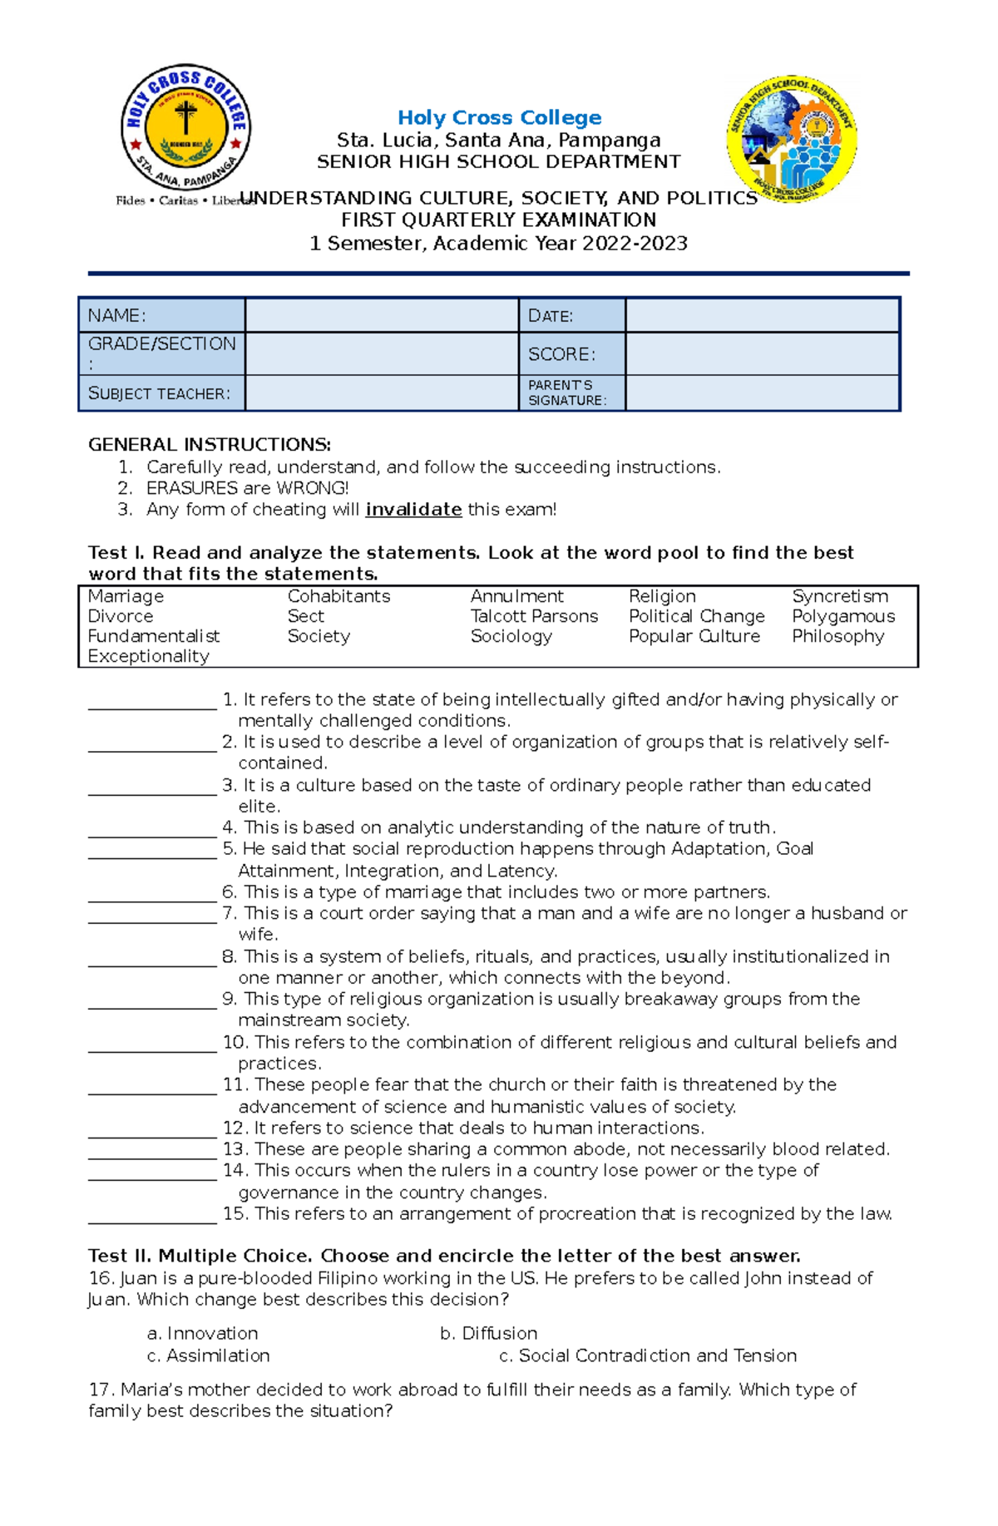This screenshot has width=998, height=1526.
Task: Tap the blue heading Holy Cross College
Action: click(x=499, y=118)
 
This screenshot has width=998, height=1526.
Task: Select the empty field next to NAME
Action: click(x=381, y=315)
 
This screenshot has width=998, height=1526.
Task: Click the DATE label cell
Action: click(x=571, y=315)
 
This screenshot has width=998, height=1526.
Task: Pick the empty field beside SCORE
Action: click(x=762, y=354)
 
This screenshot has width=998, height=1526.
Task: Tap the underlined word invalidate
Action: click(x=413, y=510)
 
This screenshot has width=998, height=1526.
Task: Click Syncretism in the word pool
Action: click(x=839, y=596)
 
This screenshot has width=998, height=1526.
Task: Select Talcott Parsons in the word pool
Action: click(x=534, y=616)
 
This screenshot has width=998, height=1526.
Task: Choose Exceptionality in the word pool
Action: click(x=149, y=656)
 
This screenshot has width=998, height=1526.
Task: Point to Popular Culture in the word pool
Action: click(x=694, y=636)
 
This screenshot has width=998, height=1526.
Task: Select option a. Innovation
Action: click(x=203, y=1334)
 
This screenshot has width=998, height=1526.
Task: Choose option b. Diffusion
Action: click(x=488, y=1334)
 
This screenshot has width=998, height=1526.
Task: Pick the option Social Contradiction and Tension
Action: click(x=649, y=1356)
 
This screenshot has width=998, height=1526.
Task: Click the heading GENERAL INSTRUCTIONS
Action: click(x=210, y=445)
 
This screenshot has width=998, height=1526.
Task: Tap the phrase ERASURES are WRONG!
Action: click(x=247, y=488)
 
